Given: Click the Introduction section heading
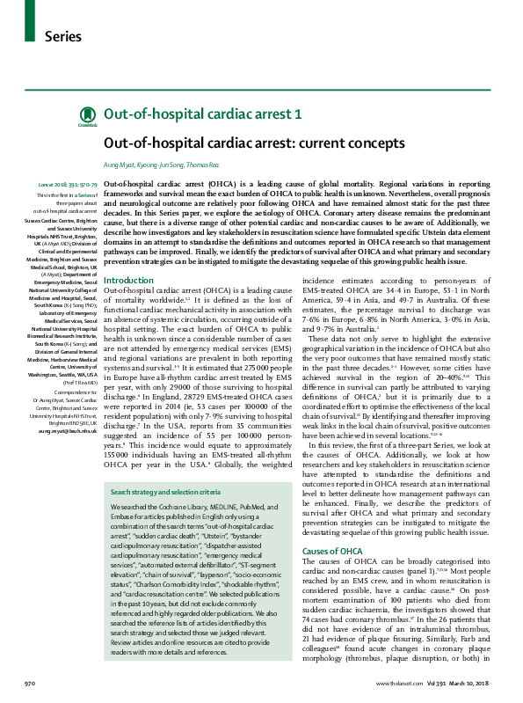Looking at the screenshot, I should coord(128,281).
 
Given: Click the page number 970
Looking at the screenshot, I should coord(29,683).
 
